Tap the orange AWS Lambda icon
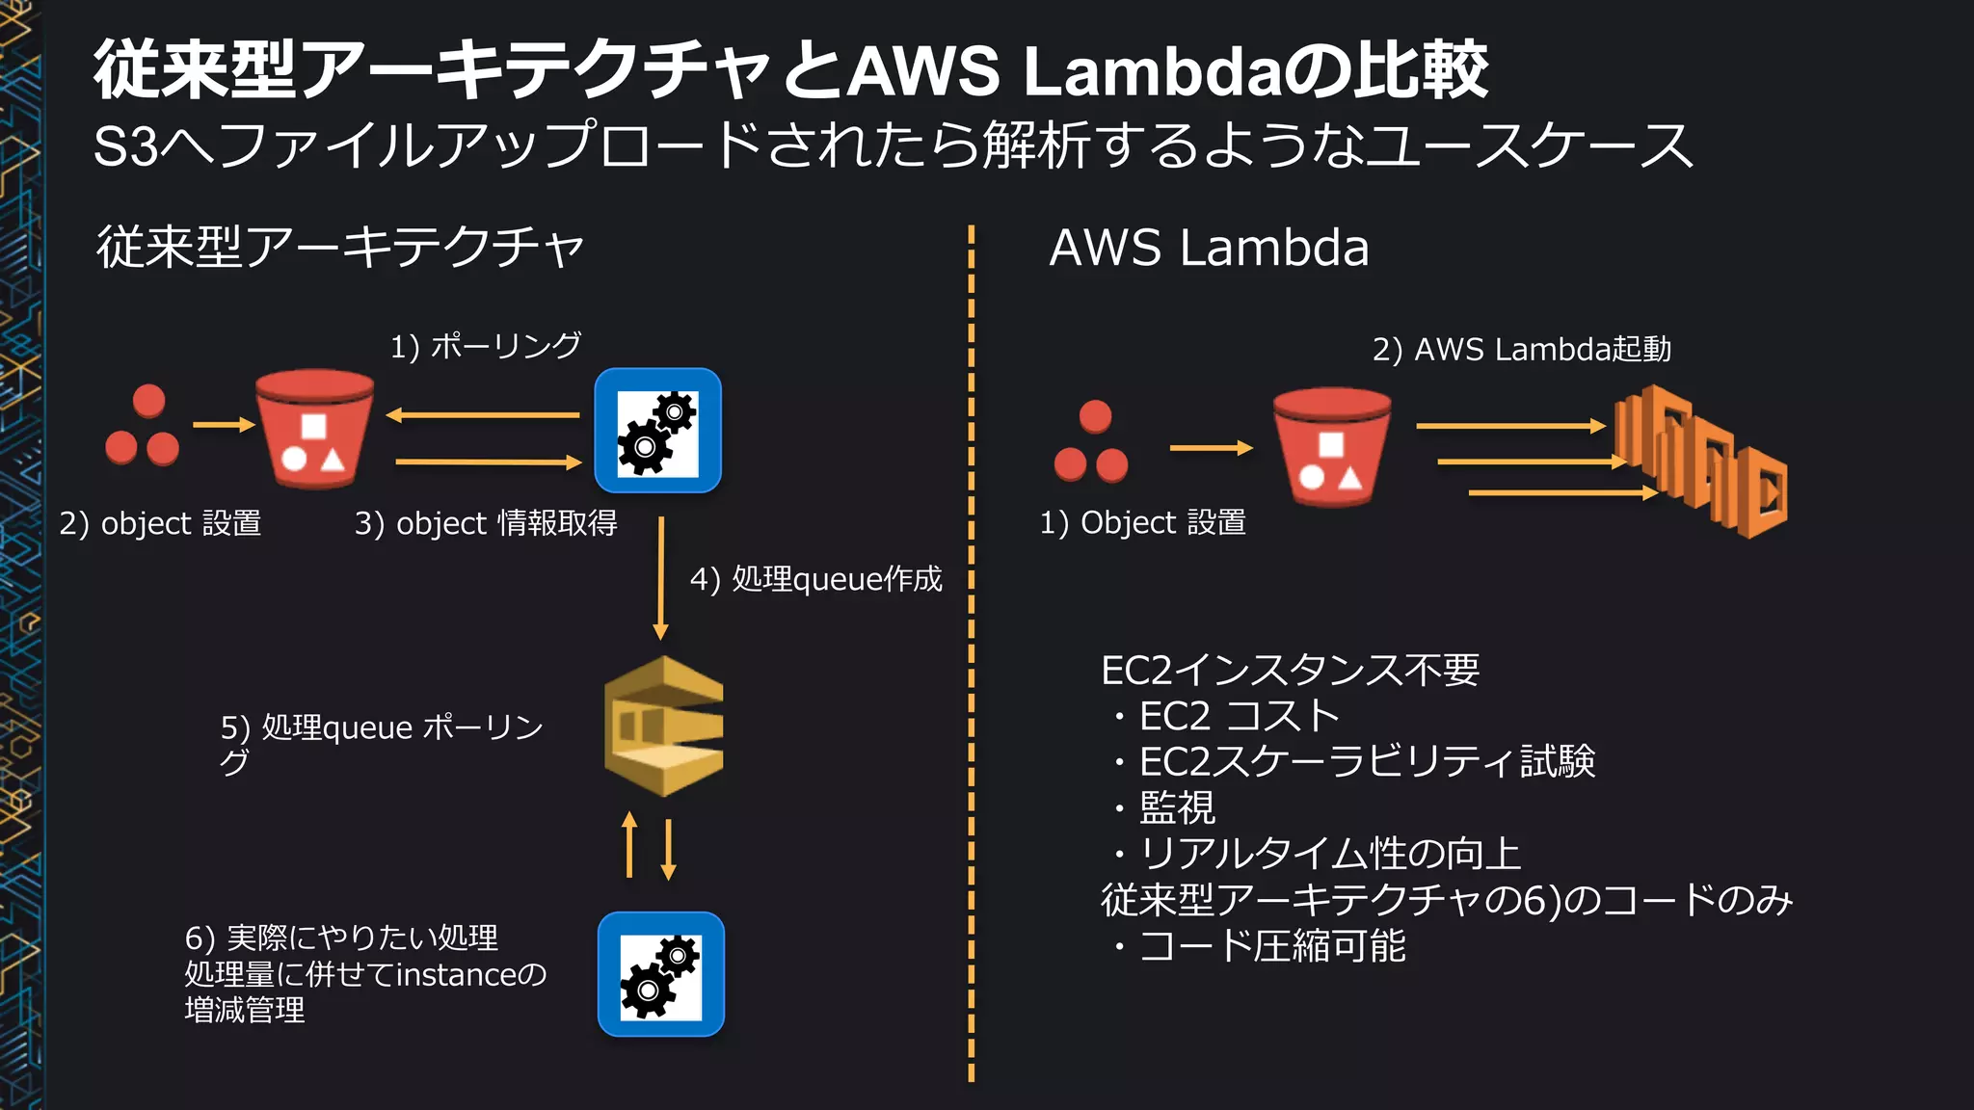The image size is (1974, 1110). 1700,461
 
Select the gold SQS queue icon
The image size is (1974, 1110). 663,726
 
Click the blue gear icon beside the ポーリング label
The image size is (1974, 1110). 657,431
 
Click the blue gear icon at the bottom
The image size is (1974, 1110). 660,974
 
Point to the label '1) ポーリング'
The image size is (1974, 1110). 485,346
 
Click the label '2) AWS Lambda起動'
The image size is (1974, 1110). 1521,350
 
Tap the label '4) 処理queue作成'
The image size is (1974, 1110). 815,579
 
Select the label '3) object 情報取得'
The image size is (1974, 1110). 486,523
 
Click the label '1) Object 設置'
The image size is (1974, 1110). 1142,522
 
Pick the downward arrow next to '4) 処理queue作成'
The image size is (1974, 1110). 660,578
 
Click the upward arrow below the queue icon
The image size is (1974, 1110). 629,845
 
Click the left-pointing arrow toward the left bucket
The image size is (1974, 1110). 482,415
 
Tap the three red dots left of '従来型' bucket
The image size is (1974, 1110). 143,427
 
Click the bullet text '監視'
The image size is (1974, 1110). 1177,807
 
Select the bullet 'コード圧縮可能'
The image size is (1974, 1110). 1271,946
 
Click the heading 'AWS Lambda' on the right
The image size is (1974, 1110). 1209,248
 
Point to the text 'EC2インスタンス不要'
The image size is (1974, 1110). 1290,670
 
